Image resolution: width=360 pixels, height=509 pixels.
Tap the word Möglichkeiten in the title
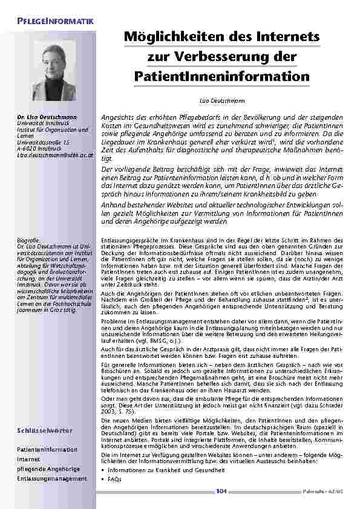167,38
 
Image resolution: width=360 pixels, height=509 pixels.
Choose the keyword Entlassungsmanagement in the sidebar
52,478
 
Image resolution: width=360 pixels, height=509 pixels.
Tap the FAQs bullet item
114,479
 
